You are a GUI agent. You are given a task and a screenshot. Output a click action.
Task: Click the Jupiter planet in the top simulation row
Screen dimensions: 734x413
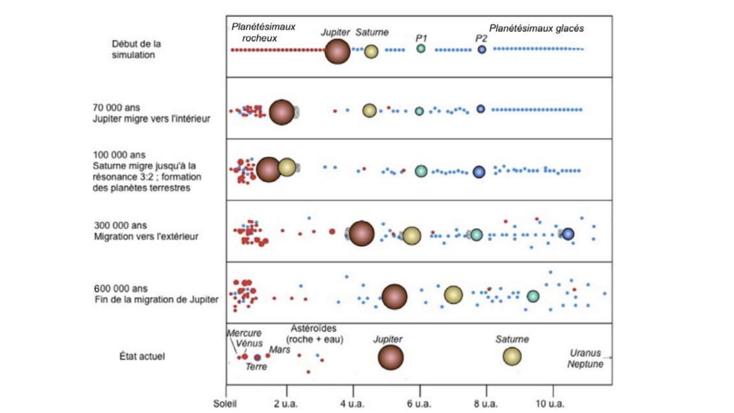click(x=337, y=51)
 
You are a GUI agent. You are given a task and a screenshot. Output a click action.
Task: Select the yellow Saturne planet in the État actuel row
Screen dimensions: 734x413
click(x=512, y=356)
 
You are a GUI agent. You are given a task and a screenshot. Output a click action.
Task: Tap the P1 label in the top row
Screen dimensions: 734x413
click(x=421, y=38)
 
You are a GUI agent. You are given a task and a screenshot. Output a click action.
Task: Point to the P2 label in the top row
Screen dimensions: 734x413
click(x=481, y=38)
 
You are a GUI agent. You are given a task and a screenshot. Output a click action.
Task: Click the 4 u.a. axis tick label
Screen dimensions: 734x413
click(x=352, y=403)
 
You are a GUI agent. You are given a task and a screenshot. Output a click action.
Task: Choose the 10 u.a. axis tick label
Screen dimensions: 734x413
click(x=550, y=403)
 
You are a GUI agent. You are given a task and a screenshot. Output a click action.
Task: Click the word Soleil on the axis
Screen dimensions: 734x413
click(x=225, y=403)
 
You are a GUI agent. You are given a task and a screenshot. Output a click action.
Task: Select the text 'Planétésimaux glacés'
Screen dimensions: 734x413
click(x=536, y=29)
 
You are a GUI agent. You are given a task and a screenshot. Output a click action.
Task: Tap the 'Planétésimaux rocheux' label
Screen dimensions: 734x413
click(x=263, y=33)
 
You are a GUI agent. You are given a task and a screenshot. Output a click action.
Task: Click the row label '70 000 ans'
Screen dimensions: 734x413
click(x=116, y=108)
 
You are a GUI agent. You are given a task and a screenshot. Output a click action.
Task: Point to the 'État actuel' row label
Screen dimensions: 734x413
click(x=142, y=356)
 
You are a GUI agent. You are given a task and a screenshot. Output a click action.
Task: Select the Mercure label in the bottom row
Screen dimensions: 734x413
click(x=244, y=333)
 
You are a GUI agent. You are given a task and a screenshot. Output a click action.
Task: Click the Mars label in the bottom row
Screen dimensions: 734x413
click(x=280, y=350)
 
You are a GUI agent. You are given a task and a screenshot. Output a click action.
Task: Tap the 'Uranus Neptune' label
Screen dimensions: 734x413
click(x=585, y=359)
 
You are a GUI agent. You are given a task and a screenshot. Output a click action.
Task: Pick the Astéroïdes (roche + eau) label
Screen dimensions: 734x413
click(x=315, y=333)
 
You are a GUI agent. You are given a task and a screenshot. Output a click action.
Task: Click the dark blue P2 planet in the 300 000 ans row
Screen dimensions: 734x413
click(x=568, y=234)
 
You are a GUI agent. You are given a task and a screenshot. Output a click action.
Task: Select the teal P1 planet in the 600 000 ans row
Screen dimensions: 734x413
click(x=533, y=296)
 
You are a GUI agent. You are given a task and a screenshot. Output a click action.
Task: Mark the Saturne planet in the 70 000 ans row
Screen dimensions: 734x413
click(x=370, y=110)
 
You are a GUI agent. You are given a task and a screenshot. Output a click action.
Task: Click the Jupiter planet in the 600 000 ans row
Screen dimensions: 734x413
click(x=394, y=296)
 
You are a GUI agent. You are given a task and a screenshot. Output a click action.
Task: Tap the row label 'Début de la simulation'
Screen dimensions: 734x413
click(x=136, y=49)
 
